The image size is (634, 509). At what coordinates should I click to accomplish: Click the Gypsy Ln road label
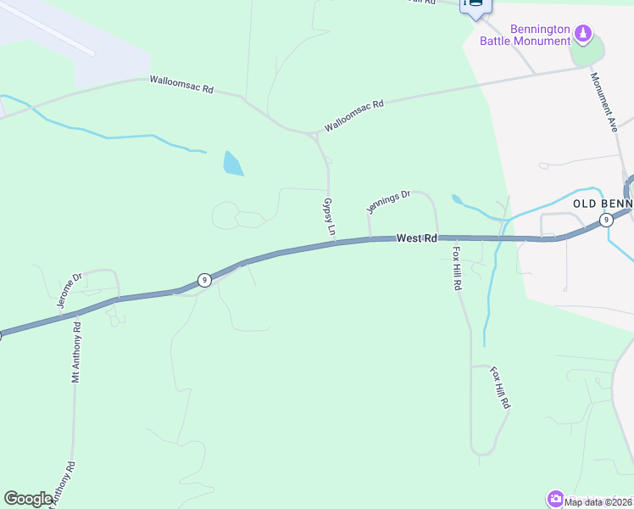click(330, 218)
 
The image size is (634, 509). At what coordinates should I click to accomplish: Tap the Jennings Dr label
click(388, 201)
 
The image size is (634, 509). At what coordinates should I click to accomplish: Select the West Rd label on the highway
click(416, 239)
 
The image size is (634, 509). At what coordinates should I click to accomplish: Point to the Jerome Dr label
click(68, 289)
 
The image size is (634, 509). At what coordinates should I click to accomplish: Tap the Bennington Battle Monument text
click(526, 34)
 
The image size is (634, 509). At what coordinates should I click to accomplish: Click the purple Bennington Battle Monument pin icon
click(582, 34)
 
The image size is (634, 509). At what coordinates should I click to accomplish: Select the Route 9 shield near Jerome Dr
click(203, 280)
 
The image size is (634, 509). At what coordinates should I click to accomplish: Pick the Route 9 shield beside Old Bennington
click(605, 221)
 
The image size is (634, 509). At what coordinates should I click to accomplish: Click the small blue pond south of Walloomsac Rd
click(232, 163)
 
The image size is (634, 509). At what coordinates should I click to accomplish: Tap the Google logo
click(29, 499)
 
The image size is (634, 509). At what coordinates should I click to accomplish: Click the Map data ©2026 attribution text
click(598, 502)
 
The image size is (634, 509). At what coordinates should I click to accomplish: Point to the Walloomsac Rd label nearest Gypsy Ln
click(354, 115)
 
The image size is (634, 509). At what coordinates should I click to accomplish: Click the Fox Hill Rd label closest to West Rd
click(456, 269)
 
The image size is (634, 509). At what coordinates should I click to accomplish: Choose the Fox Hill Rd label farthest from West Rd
click(501, 389)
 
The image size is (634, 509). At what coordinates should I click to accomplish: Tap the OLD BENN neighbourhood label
click(603, 204)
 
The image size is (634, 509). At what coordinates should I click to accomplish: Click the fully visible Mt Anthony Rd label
click(75, 352)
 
